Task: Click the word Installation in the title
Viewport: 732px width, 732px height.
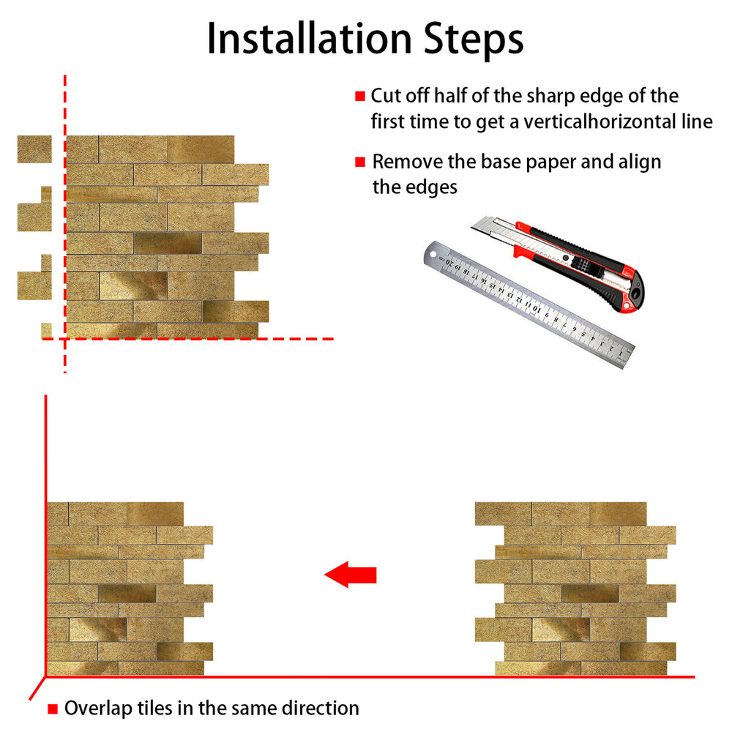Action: tap(310, 38)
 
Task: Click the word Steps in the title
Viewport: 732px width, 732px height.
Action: tap(474, 41)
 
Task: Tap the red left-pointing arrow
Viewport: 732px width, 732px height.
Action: tap(350, 574)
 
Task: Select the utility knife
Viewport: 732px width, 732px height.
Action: tap(558, 261)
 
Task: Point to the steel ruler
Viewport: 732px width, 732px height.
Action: tap(529, 305)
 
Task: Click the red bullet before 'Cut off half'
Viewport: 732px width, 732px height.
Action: tap(360, 96)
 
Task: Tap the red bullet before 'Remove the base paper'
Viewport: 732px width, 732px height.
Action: tap(360, 162)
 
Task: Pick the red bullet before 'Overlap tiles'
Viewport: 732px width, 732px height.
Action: tap(53, 709)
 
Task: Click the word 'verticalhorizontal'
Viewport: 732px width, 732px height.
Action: tap(600, 122)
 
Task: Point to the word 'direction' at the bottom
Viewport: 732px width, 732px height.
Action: tap(321, 708)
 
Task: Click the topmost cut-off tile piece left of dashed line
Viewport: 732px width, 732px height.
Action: tap(34, 149)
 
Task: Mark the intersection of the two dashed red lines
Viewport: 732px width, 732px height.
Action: tap(65, 339)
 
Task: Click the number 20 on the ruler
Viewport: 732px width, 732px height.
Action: tap(449, 263)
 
